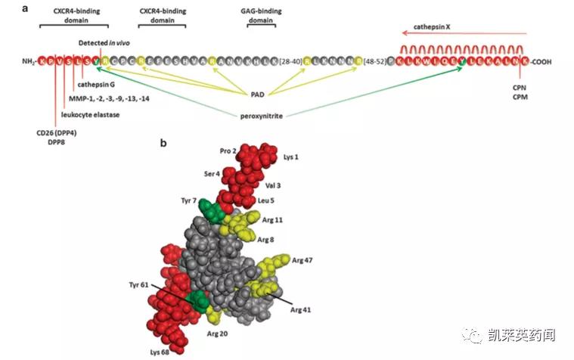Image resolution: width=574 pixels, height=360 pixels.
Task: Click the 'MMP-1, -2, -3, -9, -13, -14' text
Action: (106, 99)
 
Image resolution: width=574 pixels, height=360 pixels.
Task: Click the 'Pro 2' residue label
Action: (228, 151)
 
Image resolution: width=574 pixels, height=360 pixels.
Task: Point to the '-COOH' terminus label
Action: (541, 61)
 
